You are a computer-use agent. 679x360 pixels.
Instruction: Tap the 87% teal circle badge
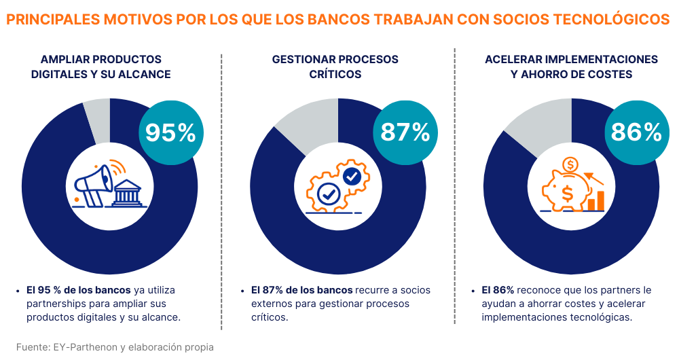(x=405, y=132)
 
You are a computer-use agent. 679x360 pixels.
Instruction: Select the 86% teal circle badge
(x=636, y=132)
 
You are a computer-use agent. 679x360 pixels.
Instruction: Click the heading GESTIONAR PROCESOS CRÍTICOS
(x=335, y=67)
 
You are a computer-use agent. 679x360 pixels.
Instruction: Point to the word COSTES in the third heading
(x=610, y=74)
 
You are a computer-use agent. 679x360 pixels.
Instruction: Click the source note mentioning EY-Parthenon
(x=115, y=347)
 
